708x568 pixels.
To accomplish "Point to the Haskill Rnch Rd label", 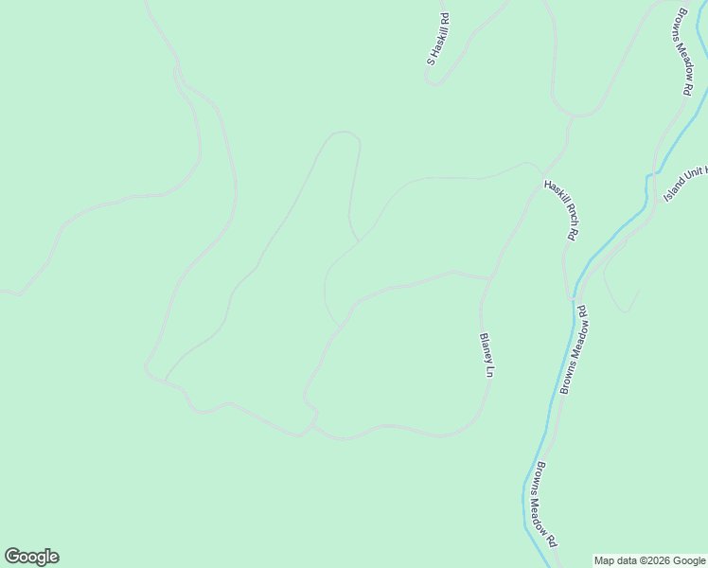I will [560, 209].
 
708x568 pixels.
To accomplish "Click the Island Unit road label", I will [685, 180].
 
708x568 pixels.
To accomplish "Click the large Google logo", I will [31, 557].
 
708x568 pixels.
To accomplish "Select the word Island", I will [673, 189].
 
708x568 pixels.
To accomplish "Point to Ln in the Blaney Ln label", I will [490, 371].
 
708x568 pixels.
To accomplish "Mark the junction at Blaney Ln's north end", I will [488, 279].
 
